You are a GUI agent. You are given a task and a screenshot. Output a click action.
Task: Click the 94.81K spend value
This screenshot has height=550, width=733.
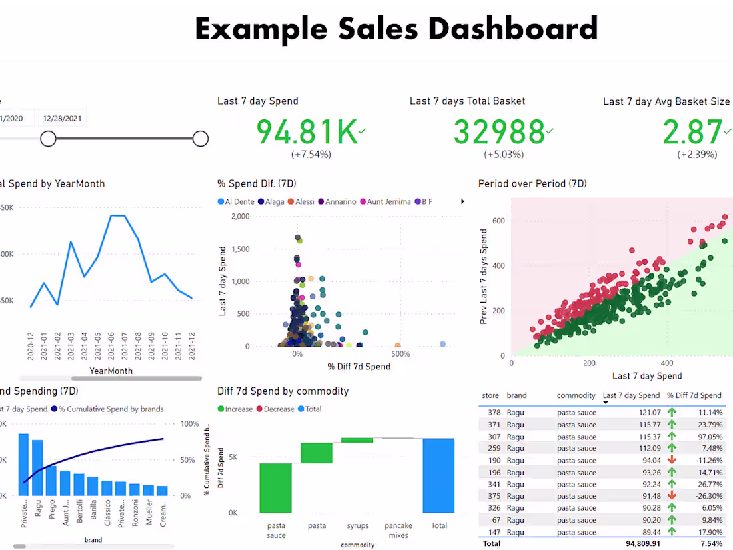coord(307,132)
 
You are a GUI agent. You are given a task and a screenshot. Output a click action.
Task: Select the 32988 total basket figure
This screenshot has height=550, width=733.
coord(498,132)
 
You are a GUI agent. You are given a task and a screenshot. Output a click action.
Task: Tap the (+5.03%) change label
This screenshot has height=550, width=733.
coord(504,155)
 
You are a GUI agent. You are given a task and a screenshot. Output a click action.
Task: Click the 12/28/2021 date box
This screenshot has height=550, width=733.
coord(62,119)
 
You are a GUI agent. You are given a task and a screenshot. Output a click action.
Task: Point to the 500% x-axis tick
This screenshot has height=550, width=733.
coord(401,355)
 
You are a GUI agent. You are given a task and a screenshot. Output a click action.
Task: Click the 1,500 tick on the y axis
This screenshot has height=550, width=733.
coord(239,249)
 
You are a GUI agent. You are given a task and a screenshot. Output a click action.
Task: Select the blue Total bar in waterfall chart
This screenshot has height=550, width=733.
coord(438,475)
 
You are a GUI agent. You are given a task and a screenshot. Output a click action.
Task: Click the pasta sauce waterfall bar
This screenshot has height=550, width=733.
coord(276,488)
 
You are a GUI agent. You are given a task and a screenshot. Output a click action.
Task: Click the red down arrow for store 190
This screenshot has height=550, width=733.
coord(672,461)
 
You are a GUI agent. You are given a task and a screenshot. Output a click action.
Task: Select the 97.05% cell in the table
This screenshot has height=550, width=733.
coord(707,437)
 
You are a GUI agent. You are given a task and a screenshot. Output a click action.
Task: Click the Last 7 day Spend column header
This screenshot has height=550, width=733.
coord(632,395)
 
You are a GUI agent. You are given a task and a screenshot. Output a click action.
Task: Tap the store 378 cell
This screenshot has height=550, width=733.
coord(494,413)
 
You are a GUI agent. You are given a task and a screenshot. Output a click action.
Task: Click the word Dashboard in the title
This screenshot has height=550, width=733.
coord(513,29)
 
